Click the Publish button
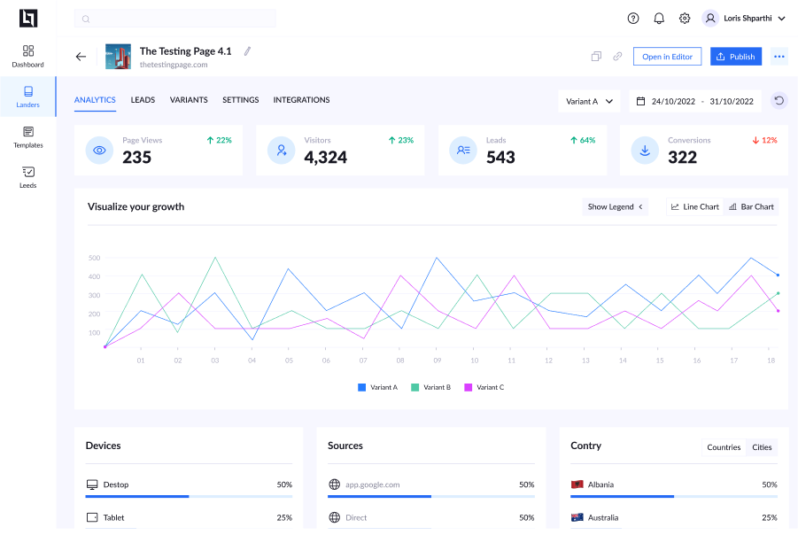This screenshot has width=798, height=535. click(x=735, y=57)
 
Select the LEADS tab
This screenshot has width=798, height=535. click(x=143, y=100)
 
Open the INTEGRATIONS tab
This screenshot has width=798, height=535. click(x=301, y=100)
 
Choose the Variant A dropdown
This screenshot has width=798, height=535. click(x=590, y=101)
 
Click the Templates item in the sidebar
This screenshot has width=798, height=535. click(x=28, y=136)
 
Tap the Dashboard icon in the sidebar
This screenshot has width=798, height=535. click(x=28, y=51)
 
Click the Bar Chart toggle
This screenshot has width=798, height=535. click(x=751, y=206)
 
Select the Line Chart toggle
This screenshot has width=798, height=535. click(x=695, y=206)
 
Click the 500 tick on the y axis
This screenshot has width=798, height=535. click(x=94, y=258)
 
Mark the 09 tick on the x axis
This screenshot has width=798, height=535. click(x=437, y=361)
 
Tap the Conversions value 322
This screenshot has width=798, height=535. click(x=682, y=158)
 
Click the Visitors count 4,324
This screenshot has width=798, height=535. click(x=325, y=158)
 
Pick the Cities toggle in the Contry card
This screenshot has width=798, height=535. click(x=762, y=447)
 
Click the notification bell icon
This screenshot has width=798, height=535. click(x=659, y=19)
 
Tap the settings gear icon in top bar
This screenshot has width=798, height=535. click(x=685, y=19)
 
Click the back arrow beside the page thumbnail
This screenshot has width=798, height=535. click(x=81, y=57)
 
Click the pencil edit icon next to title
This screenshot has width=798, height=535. click(x=248, y=51)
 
